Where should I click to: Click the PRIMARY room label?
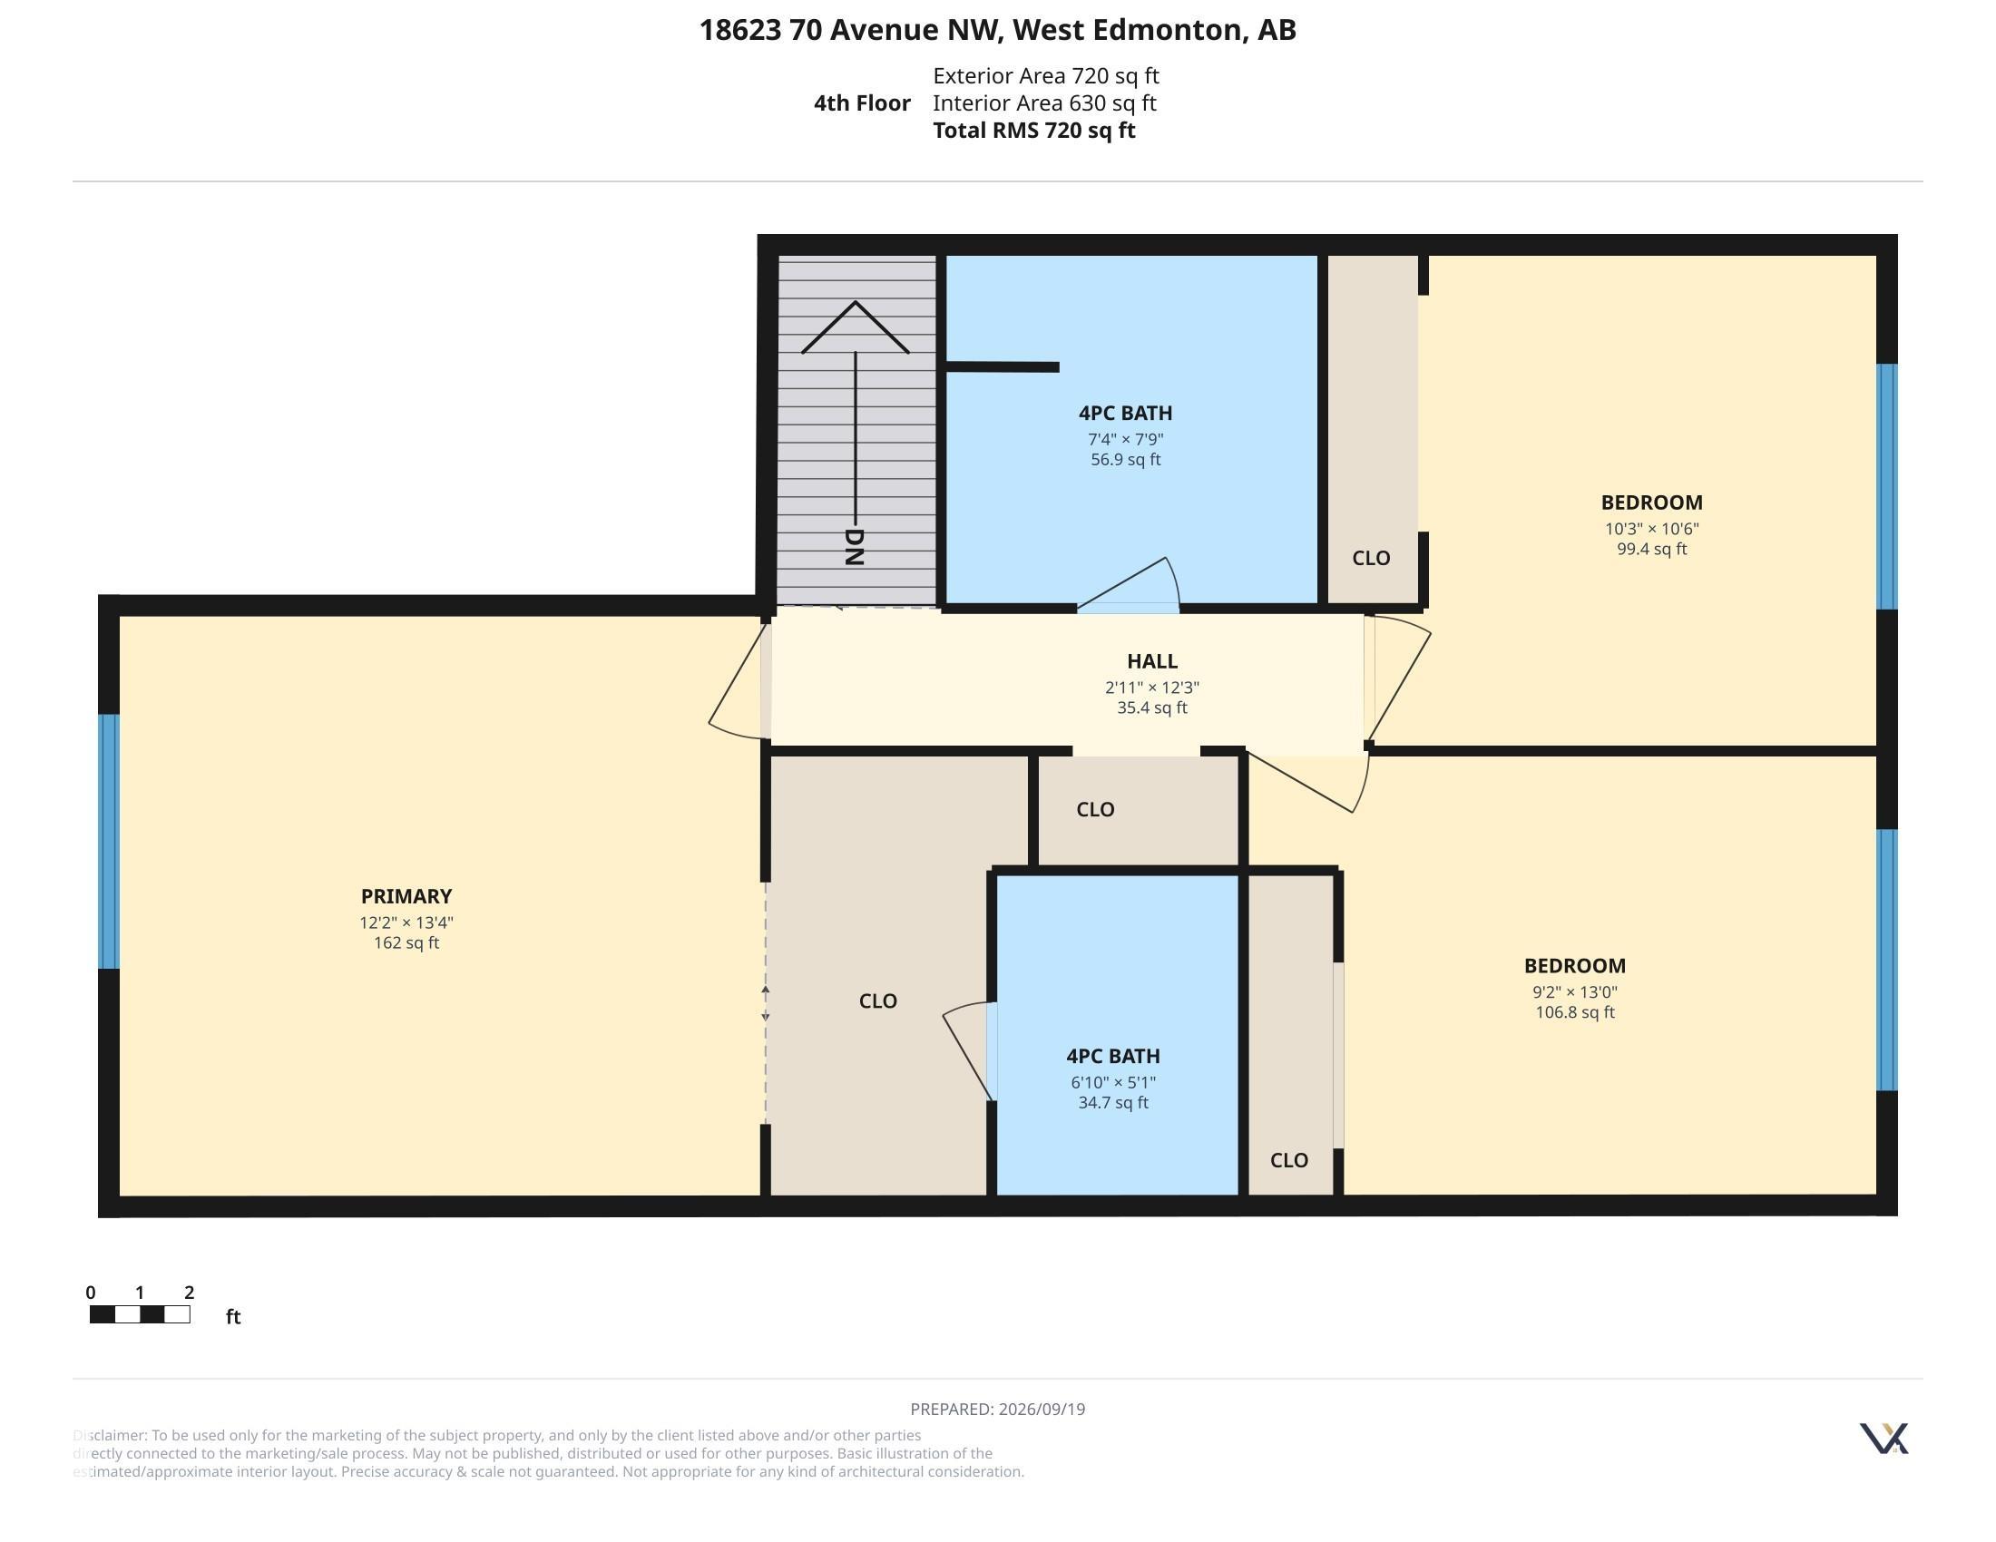pos(406,896)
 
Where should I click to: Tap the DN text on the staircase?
pos(854,547)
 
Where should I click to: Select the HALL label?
pos(1151,660)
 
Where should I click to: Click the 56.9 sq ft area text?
pos(1125,460)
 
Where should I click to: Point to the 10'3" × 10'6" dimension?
pos(1651,528)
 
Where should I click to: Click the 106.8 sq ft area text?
pos(1575,1012)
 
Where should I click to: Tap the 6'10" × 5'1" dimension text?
pos(1113,1082)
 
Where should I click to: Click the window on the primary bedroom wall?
pos(109,842)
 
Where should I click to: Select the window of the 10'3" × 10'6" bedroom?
pos(1886,487)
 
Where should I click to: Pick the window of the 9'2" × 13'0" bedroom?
pos(1886,960)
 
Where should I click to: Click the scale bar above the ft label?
pos(140,1314)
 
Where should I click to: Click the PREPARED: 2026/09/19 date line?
pos(998,1409)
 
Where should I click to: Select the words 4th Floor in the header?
pos(862,103)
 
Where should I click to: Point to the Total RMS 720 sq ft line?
pos(1033,131)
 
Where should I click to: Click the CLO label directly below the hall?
pos(1095,809)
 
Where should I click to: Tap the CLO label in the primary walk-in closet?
pos(877,1001)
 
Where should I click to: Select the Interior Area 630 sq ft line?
pos(1044,103)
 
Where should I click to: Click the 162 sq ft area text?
pos(406,942)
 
